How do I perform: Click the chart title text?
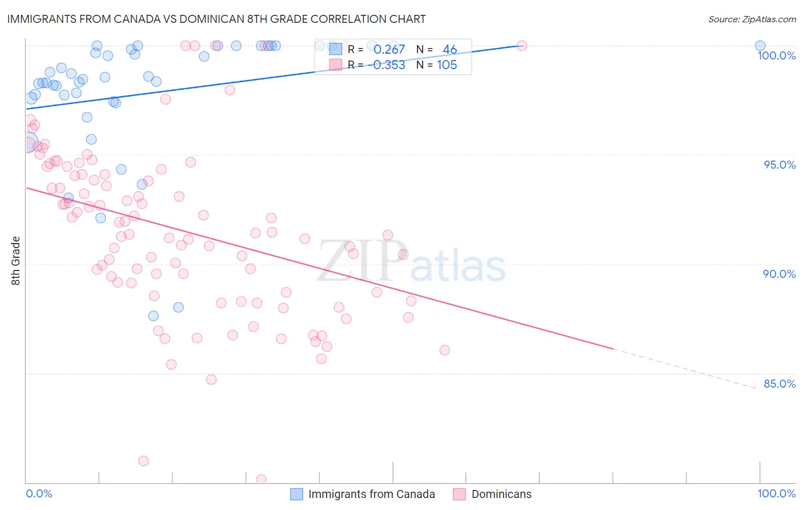coord(216,19)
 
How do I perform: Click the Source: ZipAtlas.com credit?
coord(752,19)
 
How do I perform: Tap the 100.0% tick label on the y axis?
coord(776,55)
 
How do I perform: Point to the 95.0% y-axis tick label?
coord(780,165)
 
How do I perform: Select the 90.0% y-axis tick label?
coord(779,274)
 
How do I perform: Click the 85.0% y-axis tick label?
coord(779,384)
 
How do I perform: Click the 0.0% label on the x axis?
coord(39,493)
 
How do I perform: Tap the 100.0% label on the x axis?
coord(776,493)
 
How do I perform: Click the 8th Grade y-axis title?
coord(16,261)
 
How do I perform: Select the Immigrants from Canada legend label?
coord(371,494)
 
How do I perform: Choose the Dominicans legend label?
coord(501,494)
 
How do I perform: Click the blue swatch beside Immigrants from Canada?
coord(296,494)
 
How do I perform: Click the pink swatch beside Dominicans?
coord(459,494)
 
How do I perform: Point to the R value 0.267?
coord(389,50)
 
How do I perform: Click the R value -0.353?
coord(389,65)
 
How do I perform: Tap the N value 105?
coord(447,65)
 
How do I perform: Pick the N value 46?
coord(449,50)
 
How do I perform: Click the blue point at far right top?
coord(760,46)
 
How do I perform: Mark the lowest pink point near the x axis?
coord(261,479)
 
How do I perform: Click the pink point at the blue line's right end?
coord(521,46)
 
